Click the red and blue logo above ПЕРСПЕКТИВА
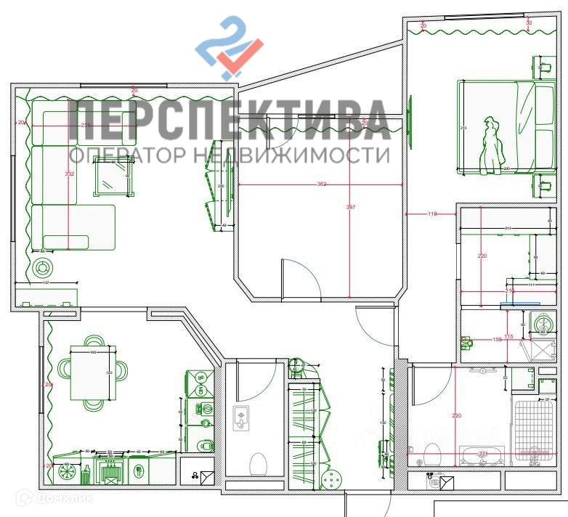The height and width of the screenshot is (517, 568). tap(229, 48)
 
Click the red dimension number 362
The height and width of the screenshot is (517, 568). tap(321, 184)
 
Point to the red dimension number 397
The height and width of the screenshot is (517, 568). tap(351, 208)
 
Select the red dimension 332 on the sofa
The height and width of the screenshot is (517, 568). tap(69, 174)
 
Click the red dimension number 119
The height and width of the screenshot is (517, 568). tap(432, 214)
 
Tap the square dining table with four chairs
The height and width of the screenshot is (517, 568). tap(92, 375)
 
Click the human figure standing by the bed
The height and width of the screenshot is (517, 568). tap(493, 145)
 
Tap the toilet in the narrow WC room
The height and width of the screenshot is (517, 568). tap(258, 462)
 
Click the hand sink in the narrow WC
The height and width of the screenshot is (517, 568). tap(240, 418)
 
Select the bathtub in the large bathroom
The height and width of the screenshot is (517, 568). tap(482, 455)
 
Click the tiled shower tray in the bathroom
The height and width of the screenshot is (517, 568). tap(533, 428)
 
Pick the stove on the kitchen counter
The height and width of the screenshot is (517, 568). tap(111, 472)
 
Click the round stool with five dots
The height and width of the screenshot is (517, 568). tap(333, 481)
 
